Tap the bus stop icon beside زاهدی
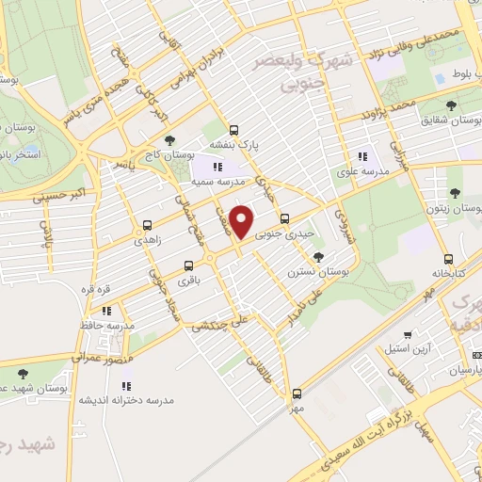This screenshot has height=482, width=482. [147, 225]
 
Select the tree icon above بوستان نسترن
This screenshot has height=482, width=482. [320, 256]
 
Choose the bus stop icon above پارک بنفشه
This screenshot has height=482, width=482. [233, 131]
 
